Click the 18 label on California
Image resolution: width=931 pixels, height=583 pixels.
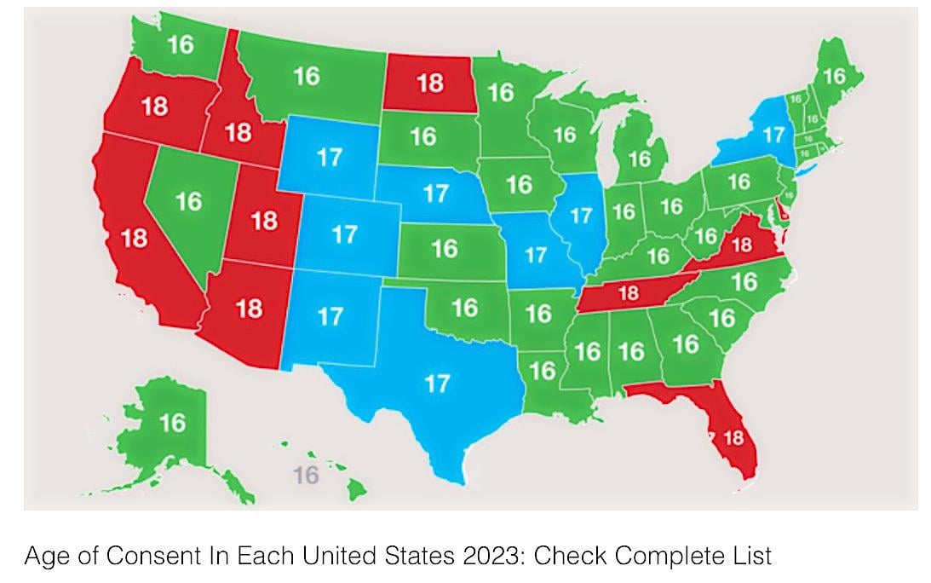pyautogui.click(x=135, y=239)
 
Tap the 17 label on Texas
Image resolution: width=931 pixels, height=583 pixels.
pyautogui.click(x=436, y=384)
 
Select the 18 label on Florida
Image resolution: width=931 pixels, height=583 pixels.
pyautogui.click(x=733, y=438)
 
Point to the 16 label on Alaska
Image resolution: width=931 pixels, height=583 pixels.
pyautogui.click(x=172, y=422)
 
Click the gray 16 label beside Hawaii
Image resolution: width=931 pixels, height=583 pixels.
pyautogui.click(x=306, y=475)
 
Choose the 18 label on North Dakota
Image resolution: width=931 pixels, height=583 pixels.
pyautogui.click(x=430, y=83)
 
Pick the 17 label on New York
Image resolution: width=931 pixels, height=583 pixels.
pyautogui.click(x=773, y=135)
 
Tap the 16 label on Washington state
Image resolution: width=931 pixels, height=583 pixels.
pyautogui.click(x=180, y=44)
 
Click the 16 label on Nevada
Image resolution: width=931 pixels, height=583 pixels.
pyautogui.click(x=188, y=201)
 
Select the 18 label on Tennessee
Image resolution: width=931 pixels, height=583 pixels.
pyautogui.click(x=628, y=294)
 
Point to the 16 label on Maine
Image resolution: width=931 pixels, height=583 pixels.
pyautogui.click(x=834, y=77)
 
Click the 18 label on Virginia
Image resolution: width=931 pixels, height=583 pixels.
pyautogui.click(x=741, y=245)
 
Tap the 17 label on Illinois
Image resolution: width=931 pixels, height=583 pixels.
pyautogui.click(x=580, y=216)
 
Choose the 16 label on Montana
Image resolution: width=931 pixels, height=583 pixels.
pyautogui.click(x=307, y=77)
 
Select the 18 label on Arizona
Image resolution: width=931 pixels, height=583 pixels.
pyautogui.click(x=249, y=308)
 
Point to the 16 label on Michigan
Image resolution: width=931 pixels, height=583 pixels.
pyautogui.click(x=640, y=159)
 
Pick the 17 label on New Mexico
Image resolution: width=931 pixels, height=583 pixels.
pyautogui.click(x=330, y=317)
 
